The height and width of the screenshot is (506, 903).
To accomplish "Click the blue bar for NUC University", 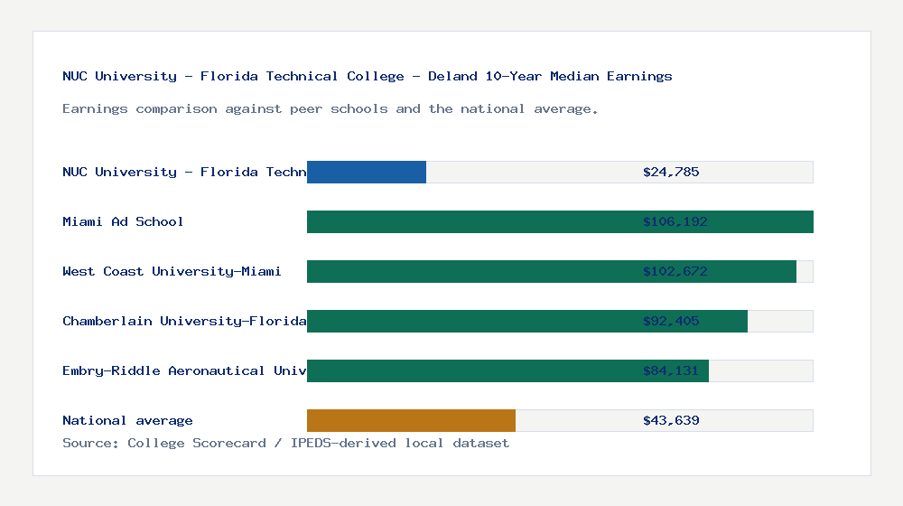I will coord(367,172).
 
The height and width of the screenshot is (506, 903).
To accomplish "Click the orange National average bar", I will coord(411,420).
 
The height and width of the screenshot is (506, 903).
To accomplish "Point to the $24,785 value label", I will coord(671,172).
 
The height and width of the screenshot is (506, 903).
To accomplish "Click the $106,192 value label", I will coord(671,221).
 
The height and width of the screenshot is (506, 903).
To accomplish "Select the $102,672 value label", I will coord(671,271).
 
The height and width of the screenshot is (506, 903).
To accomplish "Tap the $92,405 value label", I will coord(671,321).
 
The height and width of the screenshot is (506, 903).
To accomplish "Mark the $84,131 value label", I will coord(671,370).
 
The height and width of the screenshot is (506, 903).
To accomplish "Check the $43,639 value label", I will coord(671,420).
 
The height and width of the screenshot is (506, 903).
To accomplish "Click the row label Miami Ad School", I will coord(123,221).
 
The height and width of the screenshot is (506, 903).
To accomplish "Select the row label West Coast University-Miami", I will coord(172,271).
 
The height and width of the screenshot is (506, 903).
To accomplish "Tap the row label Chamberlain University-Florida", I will coord(184,321).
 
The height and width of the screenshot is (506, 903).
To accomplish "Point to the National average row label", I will coord(127,420).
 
